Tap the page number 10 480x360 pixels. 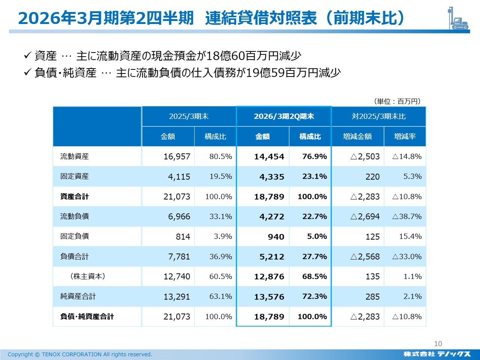click(x=438, y=343)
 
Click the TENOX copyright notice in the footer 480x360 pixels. click(x=80, y=354)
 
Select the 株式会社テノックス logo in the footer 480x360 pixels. click(x=437, y=354)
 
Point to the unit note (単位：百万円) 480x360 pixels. click(x=397, y=101)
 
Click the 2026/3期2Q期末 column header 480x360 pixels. click(x=284, y=116)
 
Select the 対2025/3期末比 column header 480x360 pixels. click(x=379, y=116)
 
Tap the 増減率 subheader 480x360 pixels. click(x=405, y=136)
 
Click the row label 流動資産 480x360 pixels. click(x=75, y=156)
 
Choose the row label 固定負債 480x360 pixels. click(x=75, y=236)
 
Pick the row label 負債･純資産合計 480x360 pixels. click(x=87, y=316)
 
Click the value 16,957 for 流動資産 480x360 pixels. click(x=177, y=157)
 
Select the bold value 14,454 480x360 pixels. click(x=269, y=157)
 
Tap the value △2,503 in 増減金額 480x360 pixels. click(x=365, y=157)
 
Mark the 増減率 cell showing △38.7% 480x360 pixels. click(x=407, y=217)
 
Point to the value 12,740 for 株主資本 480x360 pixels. click(x=177, y=277)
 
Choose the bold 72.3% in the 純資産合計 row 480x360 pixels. click(x=315, y=297)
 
